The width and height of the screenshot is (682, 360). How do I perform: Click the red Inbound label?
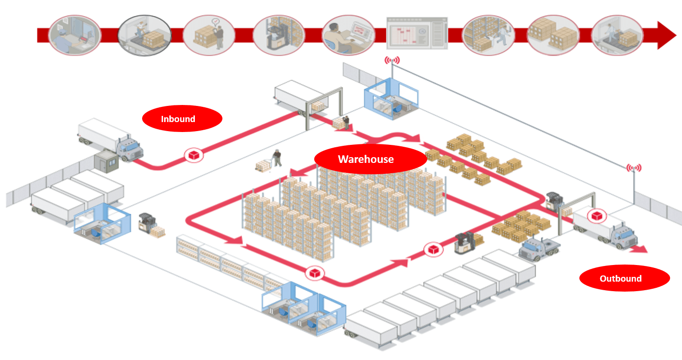click(x=182, y=119)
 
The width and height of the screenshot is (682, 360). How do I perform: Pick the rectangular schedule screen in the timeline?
click(x=417, y=34)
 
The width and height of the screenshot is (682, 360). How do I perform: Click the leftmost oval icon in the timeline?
click(x=75, y=35)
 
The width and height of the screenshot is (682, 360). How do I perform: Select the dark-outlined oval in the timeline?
click(x=144, y=35)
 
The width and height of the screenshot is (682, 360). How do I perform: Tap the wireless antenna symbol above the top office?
click(x=392, y=60)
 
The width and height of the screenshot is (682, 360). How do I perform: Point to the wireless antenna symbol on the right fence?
click(x=634, y=168)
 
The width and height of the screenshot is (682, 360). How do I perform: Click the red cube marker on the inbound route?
click(x=194, y=155)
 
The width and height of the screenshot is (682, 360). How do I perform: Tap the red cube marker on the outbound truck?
click(x=596, y=216)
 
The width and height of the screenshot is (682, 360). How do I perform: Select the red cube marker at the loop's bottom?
click(x=315, y=273)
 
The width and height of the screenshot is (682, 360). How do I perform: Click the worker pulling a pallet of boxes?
click(x=276, y=158)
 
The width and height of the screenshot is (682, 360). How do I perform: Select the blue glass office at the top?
click(x=391, y=97)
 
